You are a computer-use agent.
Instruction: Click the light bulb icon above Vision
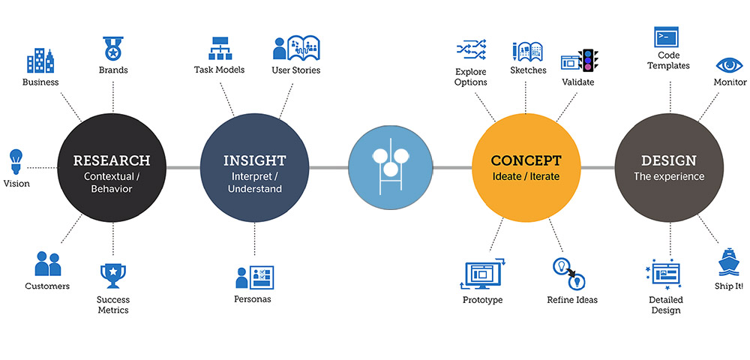click(x=16, y=161)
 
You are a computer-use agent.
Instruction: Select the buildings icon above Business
click(x=40, y=60)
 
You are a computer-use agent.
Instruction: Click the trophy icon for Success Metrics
click(x=113, y=276)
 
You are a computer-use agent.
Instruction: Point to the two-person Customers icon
click(x=48, y=263)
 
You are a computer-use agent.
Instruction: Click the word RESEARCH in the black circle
click(x=112, y=160)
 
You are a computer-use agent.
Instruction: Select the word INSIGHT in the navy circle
click(x=254, y=160)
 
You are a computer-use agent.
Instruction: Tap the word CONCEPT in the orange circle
click(x=526, y=160)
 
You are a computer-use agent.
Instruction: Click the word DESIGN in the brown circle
click(x=669, y=160)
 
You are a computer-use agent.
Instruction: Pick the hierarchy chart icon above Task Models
click(x=220, y=48)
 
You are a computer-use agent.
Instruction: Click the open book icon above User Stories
click(x=296, y=48)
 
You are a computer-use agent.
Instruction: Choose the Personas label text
click(x=253, y=299)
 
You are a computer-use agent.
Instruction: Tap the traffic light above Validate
click(x=588, y=61)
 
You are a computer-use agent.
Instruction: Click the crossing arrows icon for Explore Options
click(x=471, y=49)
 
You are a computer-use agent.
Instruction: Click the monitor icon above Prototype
click(x=482, y=274)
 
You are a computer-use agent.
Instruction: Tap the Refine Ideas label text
click(x=572, y=300)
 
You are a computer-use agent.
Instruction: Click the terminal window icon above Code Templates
click(x=666, y=37)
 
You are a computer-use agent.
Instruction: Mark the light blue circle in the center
click(x=390, y=166)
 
